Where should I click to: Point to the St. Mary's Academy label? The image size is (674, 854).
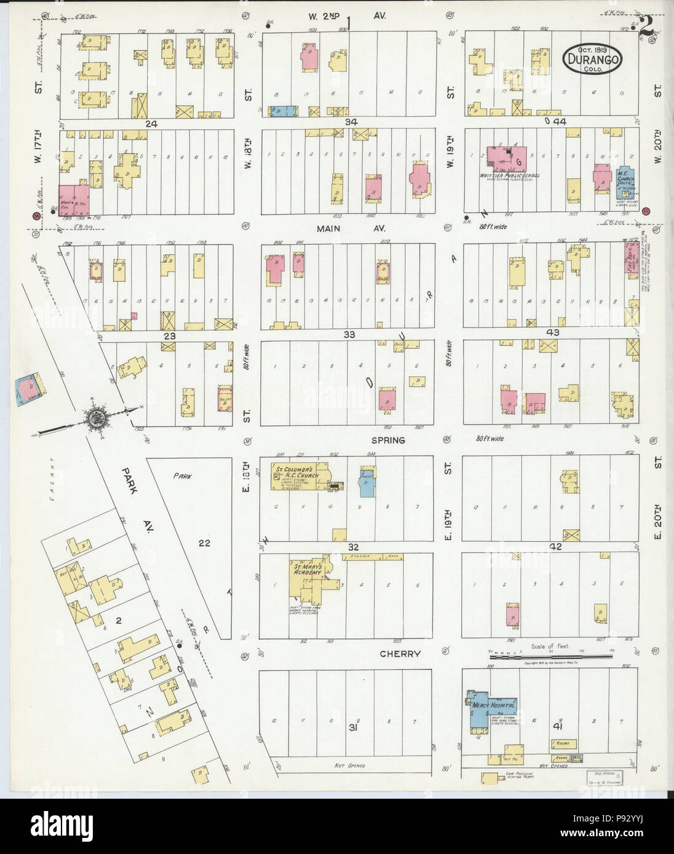[307, 569]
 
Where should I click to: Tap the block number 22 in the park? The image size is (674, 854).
[204, 542]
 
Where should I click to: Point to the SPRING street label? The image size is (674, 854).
[387, 440]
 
